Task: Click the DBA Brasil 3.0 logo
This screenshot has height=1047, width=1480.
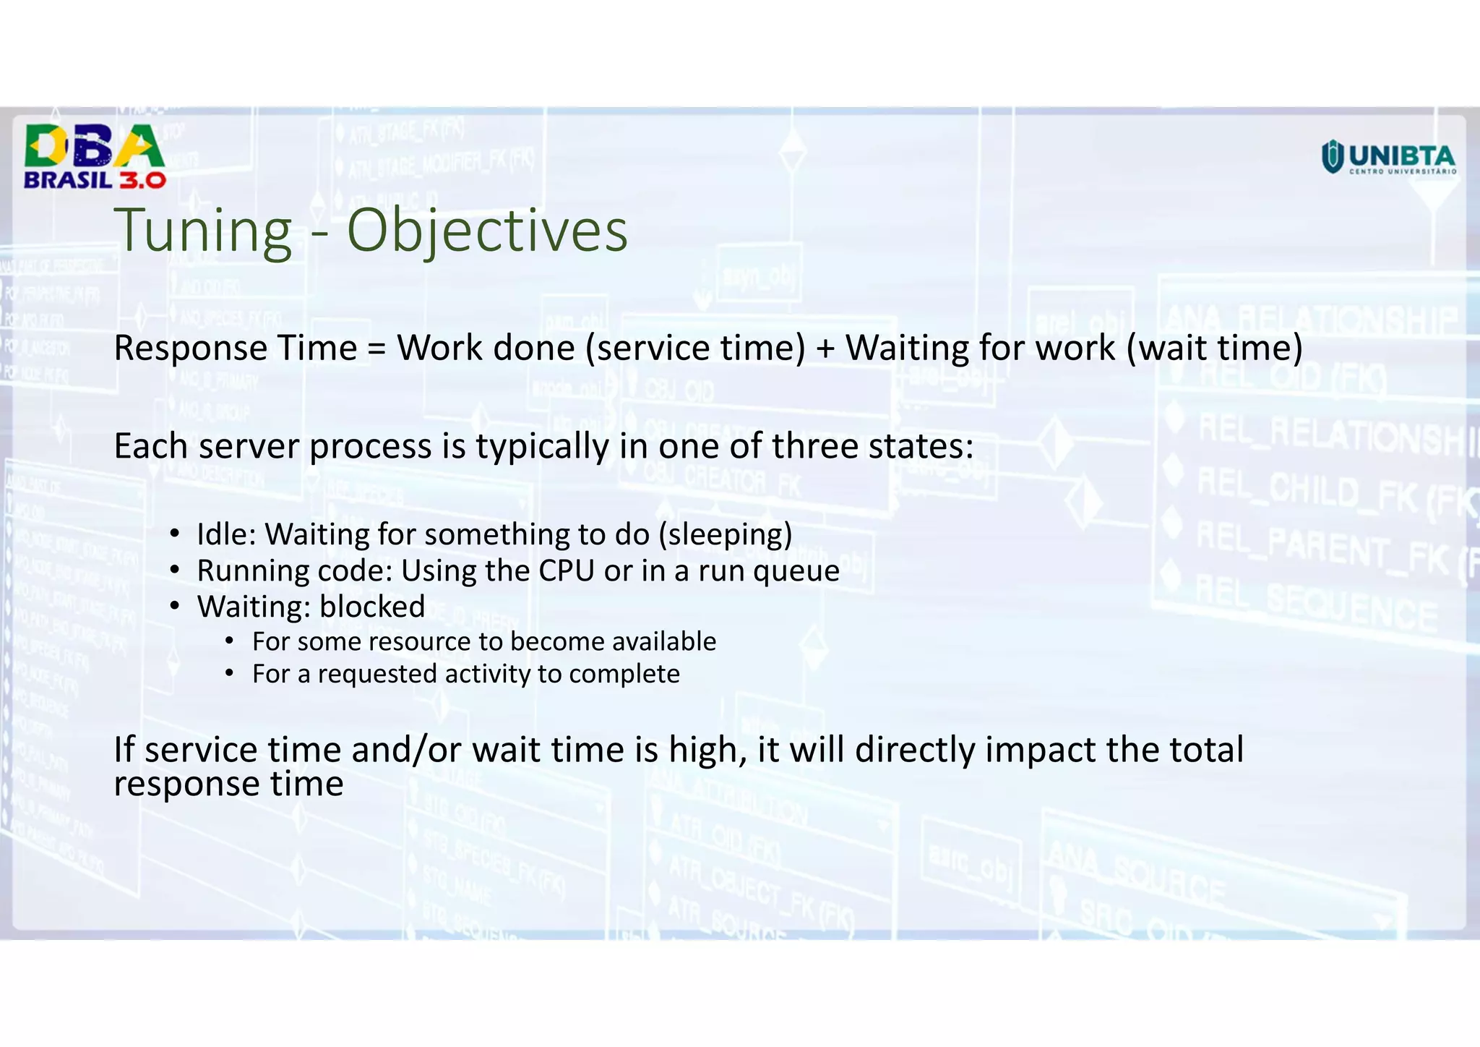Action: (x=95, y=156)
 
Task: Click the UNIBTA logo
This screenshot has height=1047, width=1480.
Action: (x=1388, y=158)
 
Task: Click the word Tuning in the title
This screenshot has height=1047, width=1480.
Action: (x=203, y=231)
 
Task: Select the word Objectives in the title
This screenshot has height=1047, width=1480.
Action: (x=487, y=231)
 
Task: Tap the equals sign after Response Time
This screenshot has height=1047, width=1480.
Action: (x=377, y=349)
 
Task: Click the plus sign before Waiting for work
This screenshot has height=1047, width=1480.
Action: (x=825, y=349)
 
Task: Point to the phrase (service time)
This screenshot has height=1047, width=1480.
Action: (x=694, y=349)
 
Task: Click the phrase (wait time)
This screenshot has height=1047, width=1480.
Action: (x=1214, y=349)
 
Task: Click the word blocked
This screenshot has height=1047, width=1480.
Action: (x=372, y=607)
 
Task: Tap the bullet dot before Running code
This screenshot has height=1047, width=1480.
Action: (x=174, y=570)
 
